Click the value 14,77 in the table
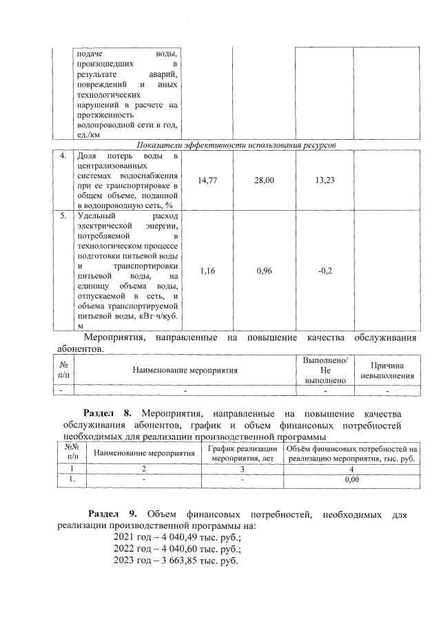click(208, 180)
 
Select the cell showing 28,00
click(265, 180)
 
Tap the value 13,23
click(325, 180)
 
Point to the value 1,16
click(208, 271)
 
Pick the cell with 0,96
click(265, 271)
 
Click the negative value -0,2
click(325, 271)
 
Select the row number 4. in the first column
click(63, 156)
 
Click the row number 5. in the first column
click(63, 216)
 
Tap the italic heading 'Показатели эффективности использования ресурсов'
click(236, 146)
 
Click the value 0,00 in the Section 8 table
click(352, 479)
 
